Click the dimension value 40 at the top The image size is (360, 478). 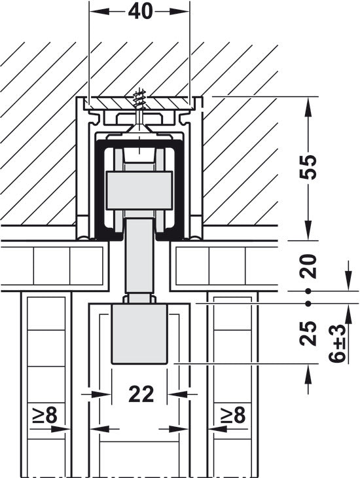[140, 12]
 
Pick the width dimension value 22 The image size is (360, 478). [140, 394]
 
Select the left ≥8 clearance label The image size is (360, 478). [46, 414]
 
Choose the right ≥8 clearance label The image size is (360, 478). [232, 414]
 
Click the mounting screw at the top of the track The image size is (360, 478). [140, 105]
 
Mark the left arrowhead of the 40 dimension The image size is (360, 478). [96, 12]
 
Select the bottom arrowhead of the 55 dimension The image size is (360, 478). [308, 233]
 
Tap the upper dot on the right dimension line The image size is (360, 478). [308, 291]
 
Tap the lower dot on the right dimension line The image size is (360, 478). [308, 303]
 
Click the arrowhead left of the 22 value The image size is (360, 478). [104, 394]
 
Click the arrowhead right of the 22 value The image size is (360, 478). [175, 394]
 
